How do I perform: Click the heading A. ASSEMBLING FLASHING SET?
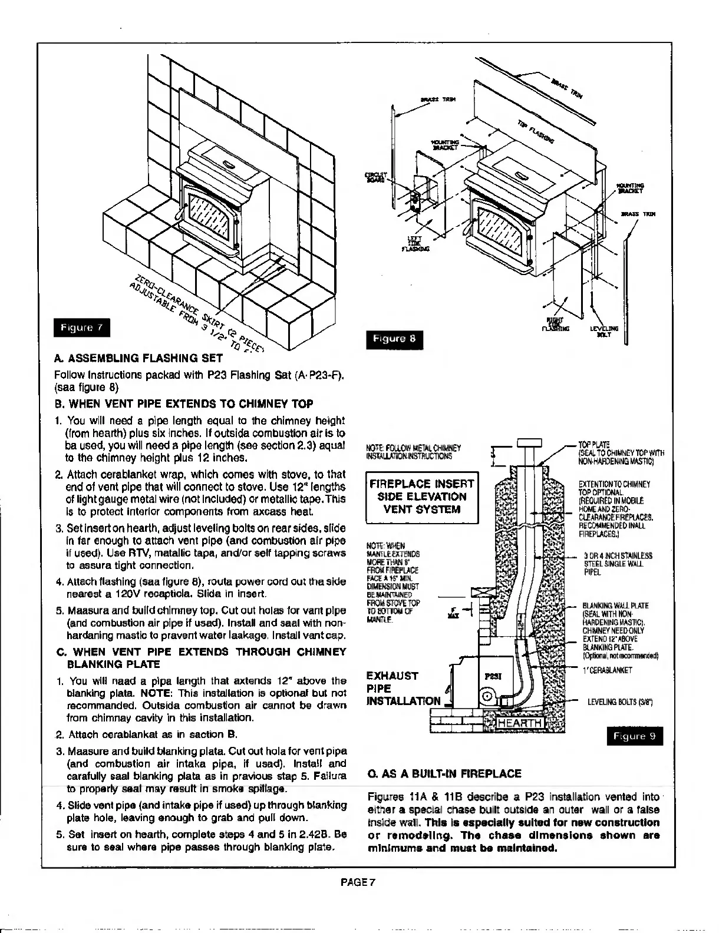138,358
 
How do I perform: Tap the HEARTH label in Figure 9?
519,723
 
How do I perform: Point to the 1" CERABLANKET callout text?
607,670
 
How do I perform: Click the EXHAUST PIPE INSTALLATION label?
403,688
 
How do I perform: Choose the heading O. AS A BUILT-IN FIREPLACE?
444,773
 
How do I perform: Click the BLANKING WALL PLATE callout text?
615,605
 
